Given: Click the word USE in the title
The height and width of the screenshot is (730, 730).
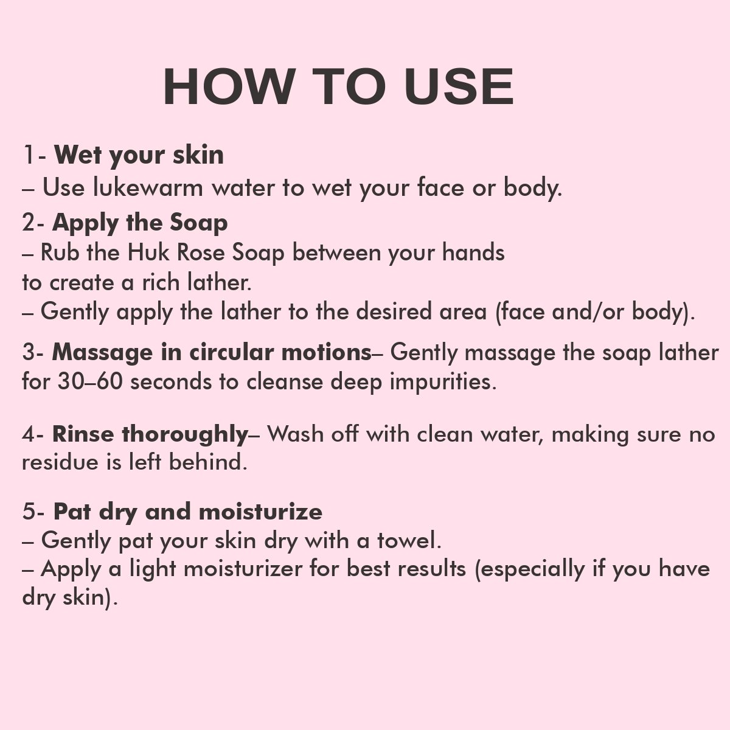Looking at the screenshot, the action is [x=459, y=87].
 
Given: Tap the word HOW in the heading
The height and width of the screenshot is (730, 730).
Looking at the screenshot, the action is [x=229, y=87].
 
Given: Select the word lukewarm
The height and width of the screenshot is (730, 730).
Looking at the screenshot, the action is [x=148, y=187].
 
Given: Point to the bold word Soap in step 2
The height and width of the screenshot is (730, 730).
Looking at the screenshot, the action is [x=198, y=223].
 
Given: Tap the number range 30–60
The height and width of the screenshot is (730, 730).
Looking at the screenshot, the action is [x=90, y=381].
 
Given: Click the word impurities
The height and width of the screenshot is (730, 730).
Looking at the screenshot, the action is [x=443, y=382].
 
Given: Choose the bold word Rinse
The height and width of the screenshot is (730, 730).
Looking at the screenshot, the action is [x=83, y=434].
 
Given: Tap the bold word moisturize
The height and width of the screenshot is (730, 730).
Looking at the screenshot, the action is [x=260, y=512].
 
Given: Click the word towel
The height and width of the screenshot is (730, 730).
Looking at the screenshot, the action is [x=409, y=541].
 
